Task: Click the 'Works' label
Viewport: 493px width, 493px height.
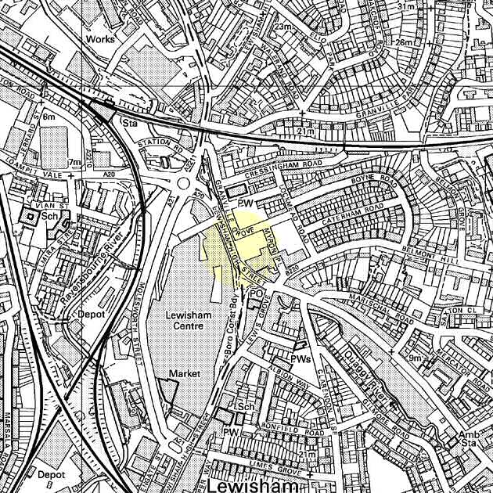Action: tap(100, 38)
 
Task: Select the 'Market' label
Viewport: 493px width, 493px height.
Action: tap(185, 374)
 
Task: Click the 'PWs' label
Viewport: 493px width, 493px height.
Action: tap(301, 358)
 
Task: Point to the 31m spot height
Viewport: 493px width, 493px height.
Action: tap(405, 6)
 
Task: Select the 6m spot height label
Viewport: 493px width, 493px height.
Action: tap(50, 116)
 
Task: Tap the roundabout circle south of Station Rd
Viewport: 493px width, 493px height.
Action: tap(185, 186)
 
